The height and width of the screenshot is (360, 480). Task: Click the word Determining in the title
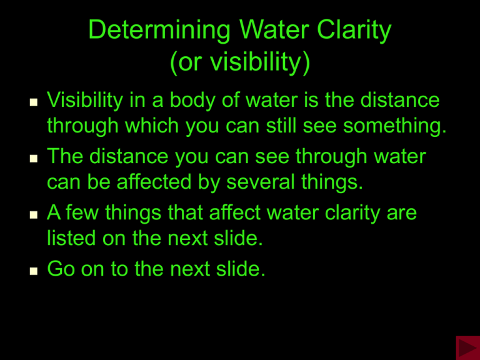click(159, 30)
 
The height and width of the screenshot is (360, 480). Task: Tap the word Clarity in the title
click(354, 31)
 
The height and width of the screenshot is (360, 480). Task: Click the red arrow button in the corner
click(467, 347)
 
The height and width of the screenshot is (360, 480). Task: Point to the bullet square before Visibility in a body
click(34, 102)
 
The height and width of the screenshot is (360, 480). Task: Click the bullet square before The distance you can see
click(34, 158)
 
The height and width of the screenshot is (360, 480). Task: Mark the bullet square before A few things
click(34, 214)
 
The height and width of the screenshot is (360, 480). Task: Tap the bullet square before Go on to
click(34, 271)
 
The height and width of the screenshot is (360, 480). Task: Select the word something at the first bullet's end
click(394, 126)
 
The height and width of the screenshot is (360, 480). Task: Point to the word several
click(261, 181)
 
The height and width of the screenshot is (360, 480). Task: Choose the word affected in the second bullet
click(154, 181)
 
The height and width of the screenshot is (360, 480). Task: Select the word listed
click(71, 238)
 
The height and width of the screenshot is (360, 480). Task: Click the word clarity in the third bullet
click(352, 213)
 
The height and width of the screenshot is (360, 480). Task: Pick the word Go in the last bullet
click(61, 269)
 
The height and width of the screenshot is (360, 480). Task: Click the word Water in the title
click(274, 30)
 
